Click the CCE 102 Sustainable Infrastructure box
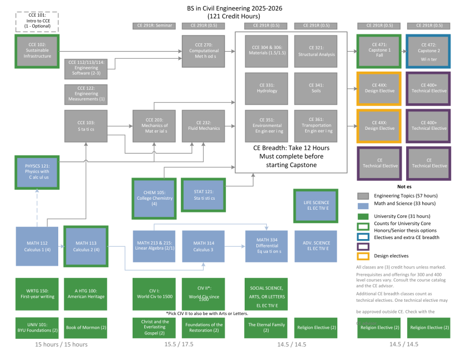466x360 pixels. [38, 51]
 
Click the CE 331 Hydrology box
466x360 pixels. [267, 88]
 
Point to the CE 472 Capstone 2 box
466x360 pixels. [428, 51]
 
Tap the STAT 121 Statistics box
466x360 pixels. [204, 194]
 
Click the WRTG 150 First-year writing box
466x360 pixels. [38, 294]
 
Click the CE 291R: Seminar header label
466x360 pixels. [154, 26]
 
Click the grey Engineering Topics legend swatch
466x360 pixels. [364, 196]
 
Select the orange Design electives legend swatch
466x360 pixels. [364, 256]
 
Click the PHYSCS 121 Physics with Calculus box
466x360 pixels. [38, 173]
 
